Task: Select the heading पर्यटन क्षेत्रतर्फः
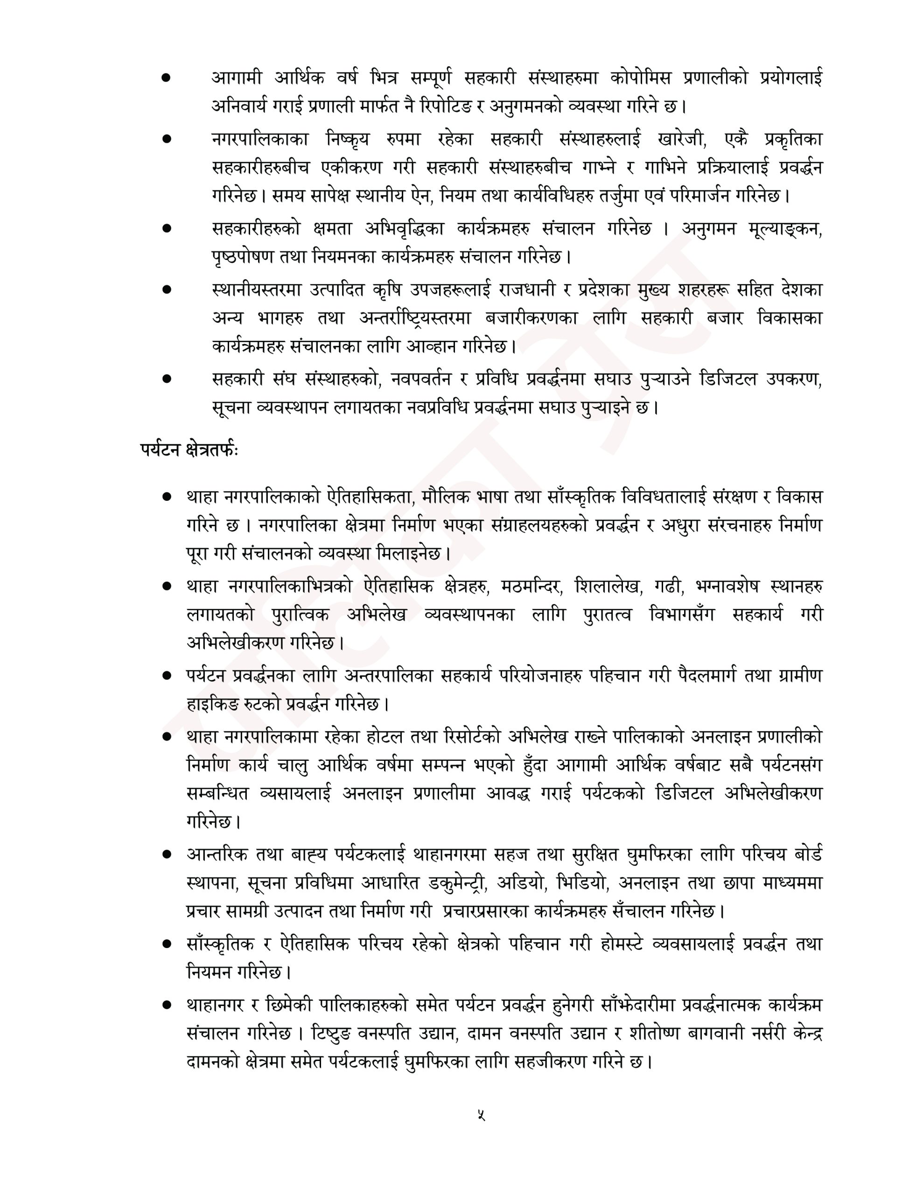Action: tap(188, 450)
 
